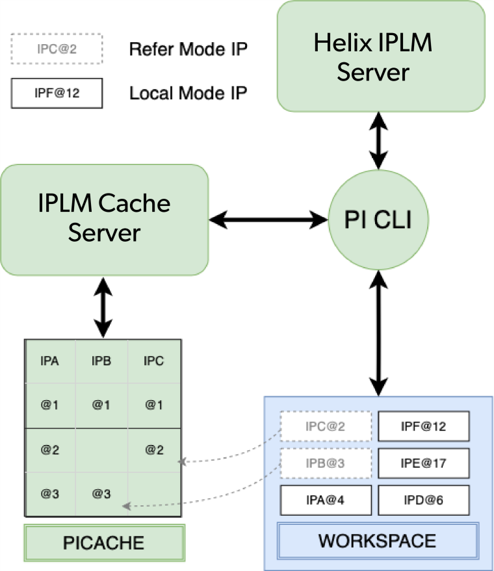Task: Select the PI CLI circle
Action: (378, 220)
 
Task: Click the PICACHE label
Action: (104, 542)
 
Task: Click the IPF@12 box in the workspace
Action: (423, 427)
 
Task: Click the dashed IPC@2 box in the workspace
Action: (326, 427)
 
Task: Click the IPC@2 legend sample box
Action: (56, 49)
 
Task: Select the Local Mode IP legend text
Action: (188, 93)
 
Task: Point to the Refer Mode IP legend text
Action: (188, 49)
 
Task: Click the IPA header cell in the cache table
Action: (50, 361)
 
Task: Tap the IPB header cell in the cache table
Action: (101, 361)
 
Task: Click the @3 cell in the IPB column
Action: (101, 494)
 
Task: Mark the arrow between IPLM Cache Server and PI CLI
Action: (268, 220)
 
